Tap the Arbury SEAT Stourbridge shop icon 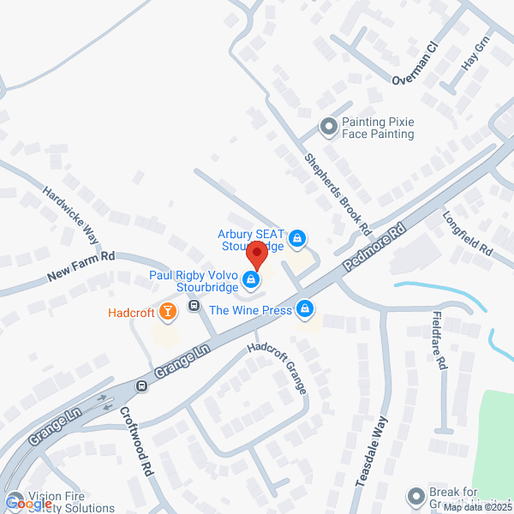297,237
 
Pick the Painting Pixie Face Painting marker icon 327,128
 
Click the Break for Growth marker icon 416,496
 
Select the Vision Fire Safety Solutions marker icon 15,498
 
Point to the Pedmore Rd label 374,249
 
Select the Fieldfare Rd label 439,339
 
